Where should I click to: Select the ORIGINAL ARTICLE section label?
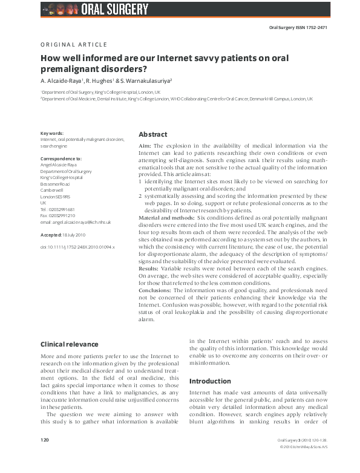pyautogui.click(x=74, y=45)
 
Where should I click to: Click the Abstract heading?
pyautogui.click(x=152, y=134)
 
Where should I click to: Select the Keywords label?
pyautogui.click(x=52, y=134)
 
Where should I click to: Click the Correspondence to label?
pyautogui.click(x=61, y=159)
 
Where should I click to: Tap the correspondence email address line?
pyautogui.click(x=76, y=222)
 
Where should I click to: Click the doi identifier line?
pyautogui.click(x=77, y=247)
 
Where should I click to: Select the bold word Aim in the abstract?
pyautogui.click(x=144, y=146)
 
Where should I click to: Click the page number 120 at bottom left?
pyautogui.click(x=44, y=456)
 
